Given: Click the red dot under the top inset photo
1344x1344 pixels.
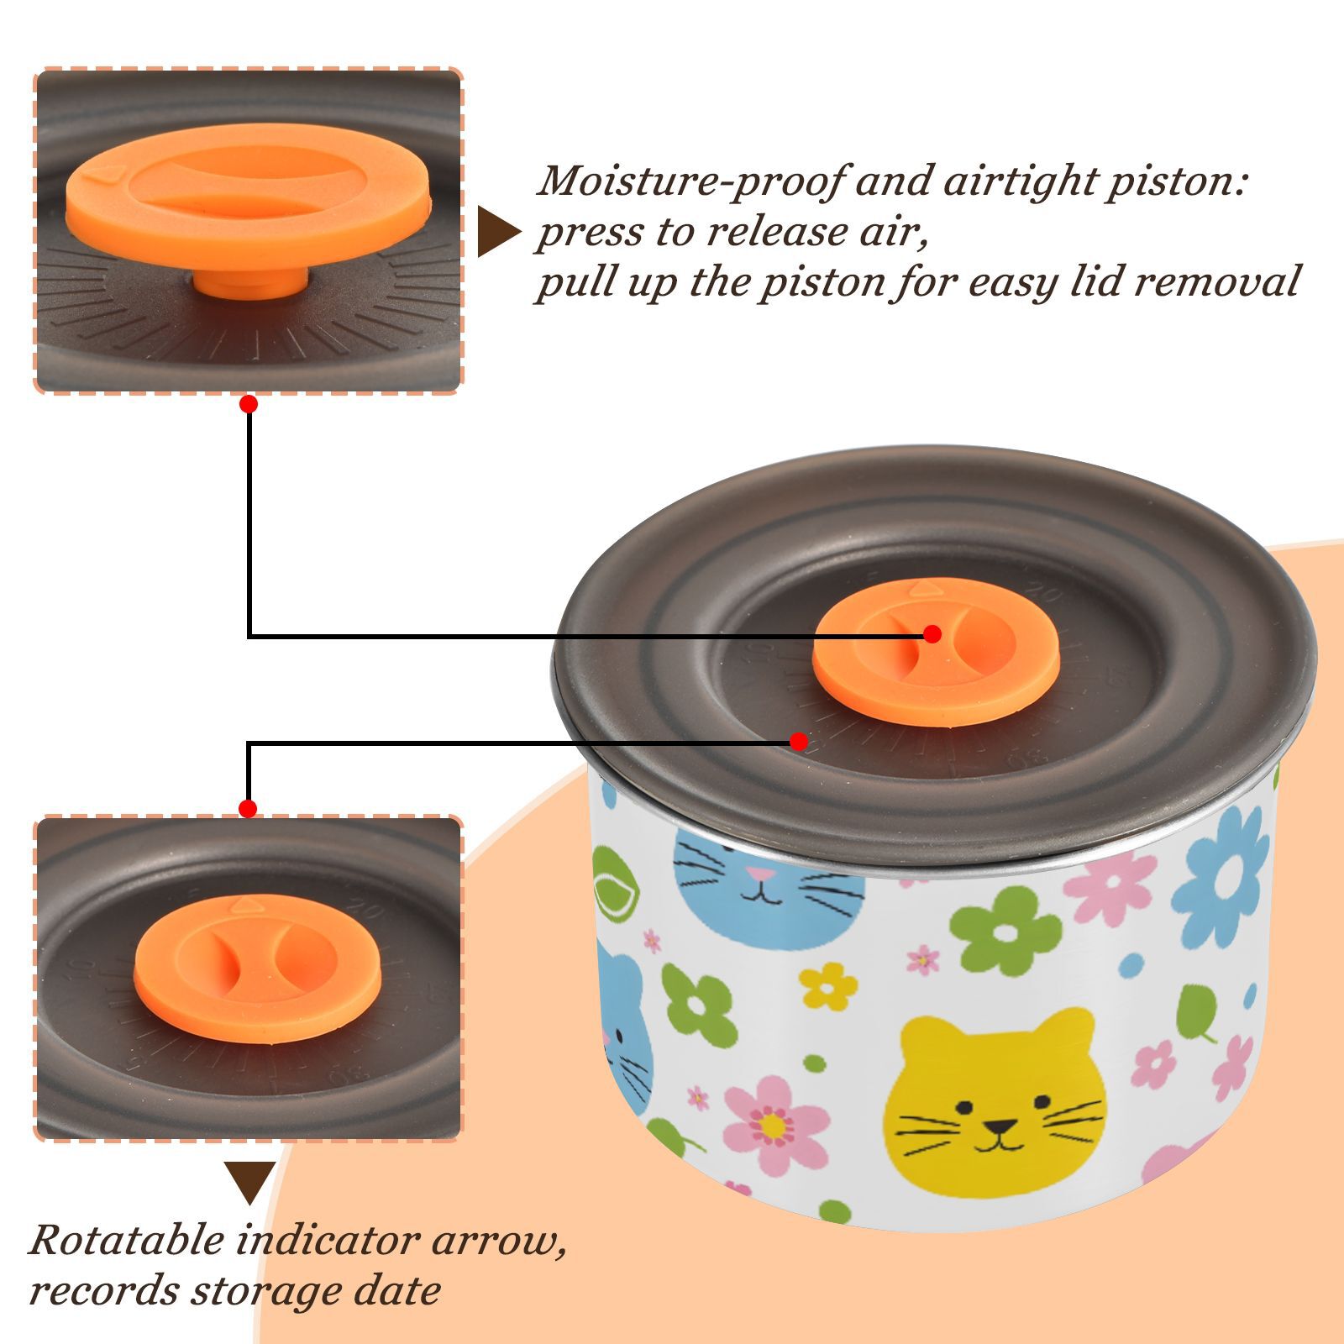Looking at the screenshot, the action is [248, 404].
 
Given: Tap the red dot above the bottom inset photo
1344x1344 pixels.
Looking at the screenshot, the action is [248, 809].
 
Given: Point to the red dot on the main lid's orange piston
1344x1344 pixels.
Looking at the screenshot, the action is [932, 634].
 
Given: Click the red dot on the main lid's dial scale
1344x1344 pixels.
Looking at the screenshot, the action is [799, 742].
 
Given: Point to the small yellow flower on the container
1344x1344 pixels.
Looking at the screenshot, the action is [828, 986].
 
